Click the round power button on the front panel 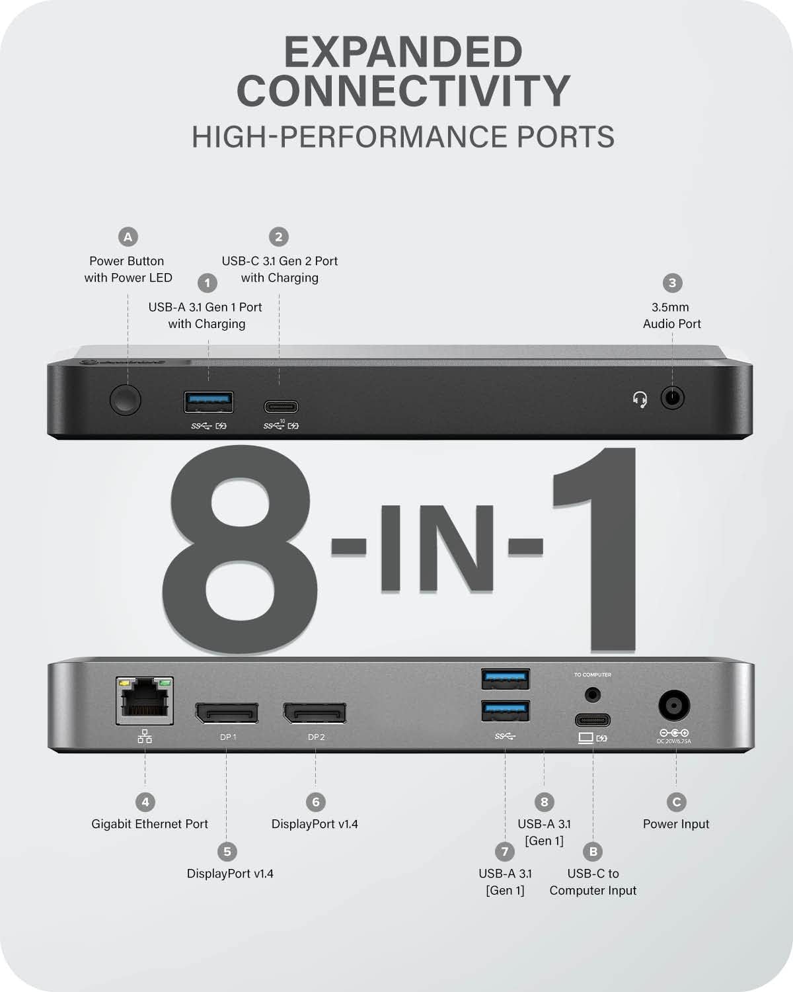[126, 400]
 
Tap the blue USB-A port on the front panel [208, 401]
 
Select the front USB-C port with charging [281, 407]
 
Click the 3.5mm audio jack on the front [672, 398]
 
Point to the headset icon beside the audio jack [640, 399]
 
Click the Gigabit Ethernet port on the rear [145, 700]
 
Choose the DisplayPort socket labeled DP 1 [227, 713]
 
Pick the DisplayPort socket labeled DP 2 [315, 713]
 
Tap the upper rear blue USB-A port [506, 679]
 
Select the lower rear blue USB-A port [506, 712]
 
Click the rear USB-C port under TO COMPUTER [592, 720]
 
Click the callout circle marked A [128, 237]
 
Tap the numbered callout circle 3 [672, 283]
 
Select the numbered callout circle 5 [227, 852]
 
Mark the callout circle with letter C [676, 802]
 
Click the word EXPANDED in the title [403, 52]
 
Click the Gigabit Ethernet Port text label [149, 824]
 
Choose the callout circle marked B [593, 852]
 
